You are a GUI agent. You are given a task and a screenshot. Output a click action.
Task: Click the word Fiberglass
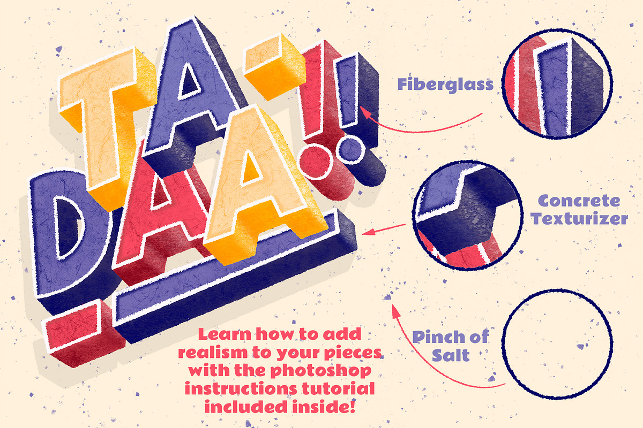[x=445, y=85]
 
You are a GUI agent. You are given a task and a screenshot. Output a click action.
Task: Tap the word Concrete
[x=579, y=201]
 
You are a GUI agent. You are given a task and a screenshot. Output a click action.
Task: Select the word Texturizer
[x=579, y=219]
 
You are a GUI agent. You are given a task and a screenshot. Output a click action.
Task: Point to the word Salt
[x=451, y=355]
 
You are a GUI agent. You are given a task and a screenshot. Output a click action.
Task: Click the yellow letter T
[x=106, y=120]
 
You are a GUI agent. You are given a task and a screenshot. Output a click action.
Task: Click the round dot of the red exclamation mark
[x=315, y=161]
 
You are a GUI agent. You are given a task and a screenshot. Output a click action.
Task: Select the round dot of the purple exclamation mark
[x=352, y=150]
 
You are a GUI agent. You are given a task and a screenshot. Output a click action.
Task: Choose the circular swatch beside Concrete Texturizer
[x=467, y=216]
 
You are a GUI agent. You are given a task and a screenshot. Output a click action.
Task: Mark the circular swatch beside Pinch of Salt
[x=557, y=344]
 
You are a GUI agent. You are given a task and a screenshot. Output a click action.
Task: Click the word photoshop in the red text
[x=321, y=371]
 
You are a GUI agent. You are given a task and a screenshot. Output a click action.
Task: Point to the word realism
[x=213, y=353]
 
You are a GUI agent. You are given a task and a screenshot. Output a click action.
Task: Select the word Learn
[x=225, y=334]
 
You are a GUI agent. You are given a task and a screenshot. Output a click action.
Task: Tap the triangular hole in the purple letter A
[x=189, y=81]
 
